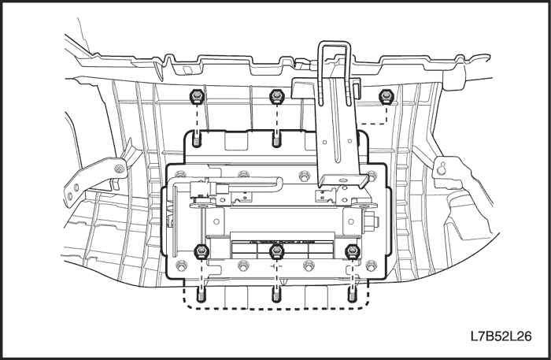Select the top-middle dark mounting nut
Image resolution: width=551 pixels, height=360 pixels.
275,97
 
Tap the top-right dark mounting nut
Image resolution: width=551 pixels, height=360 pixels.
386,96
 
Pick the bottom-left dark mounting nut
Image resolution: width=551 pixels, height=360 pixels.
200,252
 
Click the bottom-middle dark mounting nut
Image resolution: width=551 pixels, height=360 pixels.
275,252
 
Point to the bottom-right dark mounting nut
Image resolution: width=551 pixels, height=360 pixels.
352,252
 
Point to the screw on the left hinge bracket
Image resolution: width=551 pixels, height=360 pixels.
117,169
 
